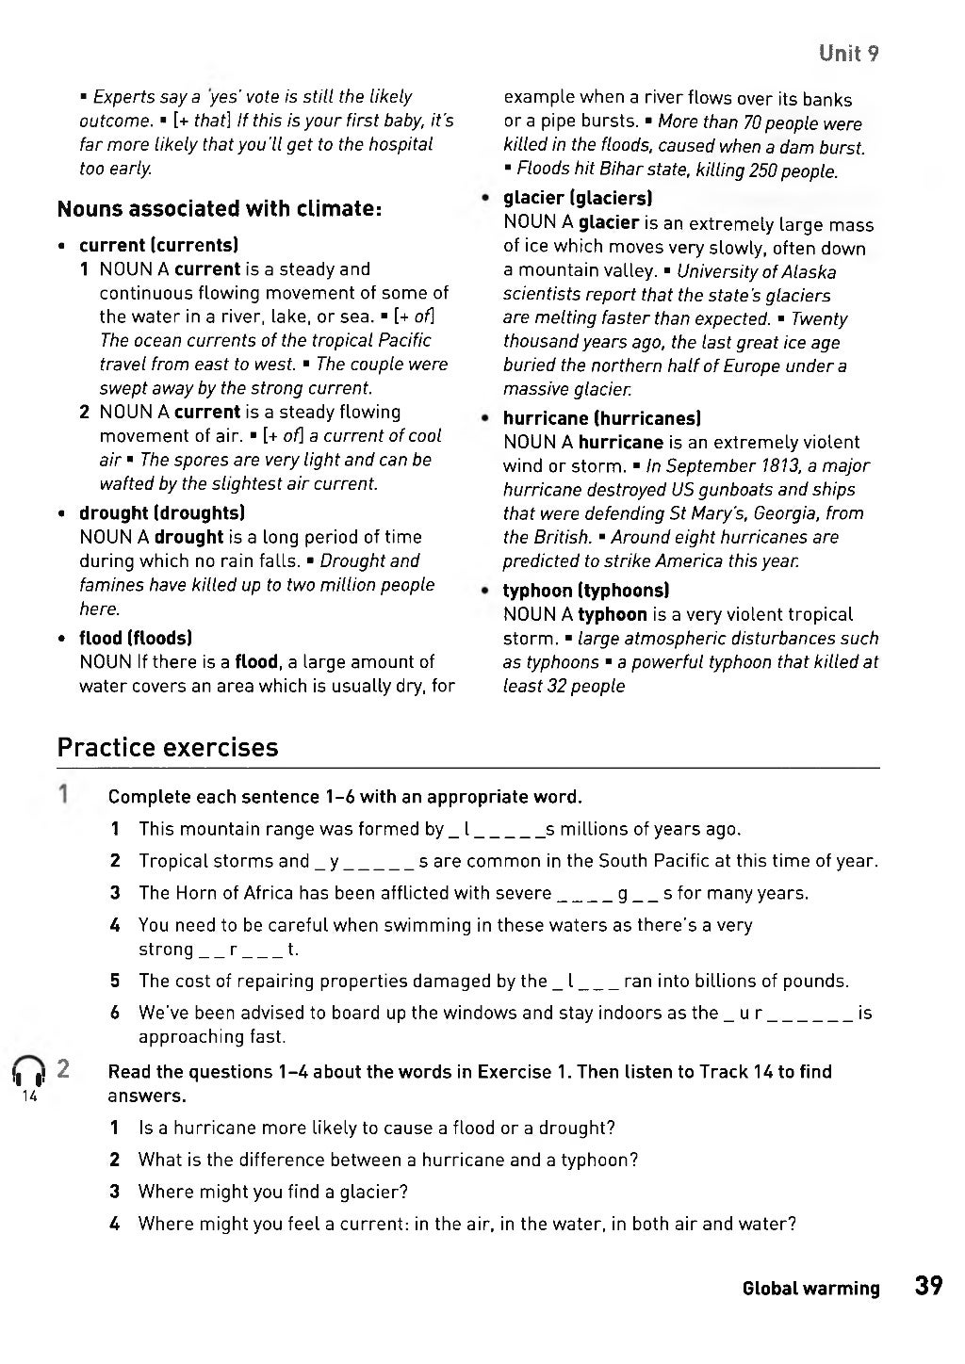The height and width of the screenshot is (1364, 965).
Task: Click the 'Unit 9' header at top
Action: [x=848, y=53]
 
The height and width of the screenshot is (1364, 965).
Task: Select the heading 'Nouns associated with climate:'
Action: [x=219, y=208]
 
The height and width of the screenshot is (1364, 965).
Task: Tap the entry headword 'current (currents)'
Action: [x=158, y=245]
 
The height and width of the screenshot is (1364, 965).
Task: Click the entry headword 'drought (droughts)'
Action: [x=162, y=513]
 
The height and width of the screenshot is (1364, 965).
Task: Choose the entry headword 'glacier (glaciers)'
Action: [x=578, y=198]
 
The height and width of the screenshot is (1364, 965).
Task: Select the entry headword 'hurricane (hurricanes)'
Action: [x=601, y=418]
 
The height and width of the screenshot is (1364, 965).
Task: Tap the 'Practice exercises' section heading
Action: [x=168, y=748]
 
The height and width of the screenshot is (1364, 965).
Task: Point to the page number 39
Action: [x=927, y=1287]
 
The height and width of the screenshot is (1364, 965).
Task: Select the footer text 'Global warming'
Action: [x=810, y=1289]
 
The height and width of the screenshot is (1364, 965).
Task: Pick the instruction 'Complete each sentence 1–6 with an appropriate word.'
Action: [x=345, y=797]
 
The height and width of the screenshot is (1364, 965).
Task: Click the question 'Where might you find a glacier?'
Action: [x=272, y=1192]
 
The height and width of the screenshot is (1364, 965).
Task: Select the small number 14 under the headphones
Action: [x=27, y=1097]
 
